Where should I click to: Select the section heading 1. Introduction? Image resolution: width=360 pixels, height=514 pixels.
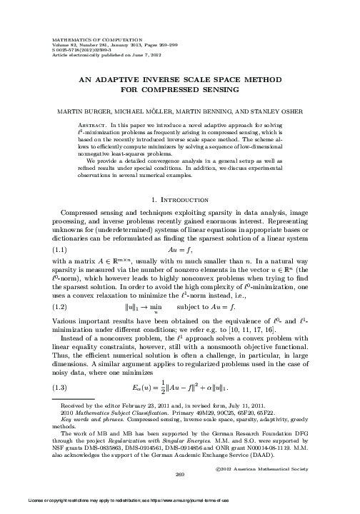click(180, 197)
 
